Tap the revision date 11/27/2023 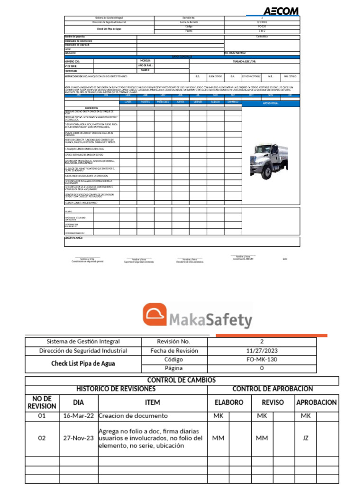(262, 351)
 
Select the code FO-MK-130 (262, 359)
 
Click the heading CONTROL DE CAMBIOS (182, 380)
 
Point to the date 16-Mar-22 (78, 416)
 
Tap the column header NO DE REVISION (42, 402)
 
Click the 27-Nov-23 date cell (78, 438)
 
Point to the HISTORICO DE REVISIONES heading (116, 389)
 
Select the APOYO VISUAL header (271, 103)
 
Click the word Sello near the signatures (285, 259)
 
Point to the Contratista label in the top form (262, 37)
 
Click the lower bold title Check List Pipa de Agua (83, 364)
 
